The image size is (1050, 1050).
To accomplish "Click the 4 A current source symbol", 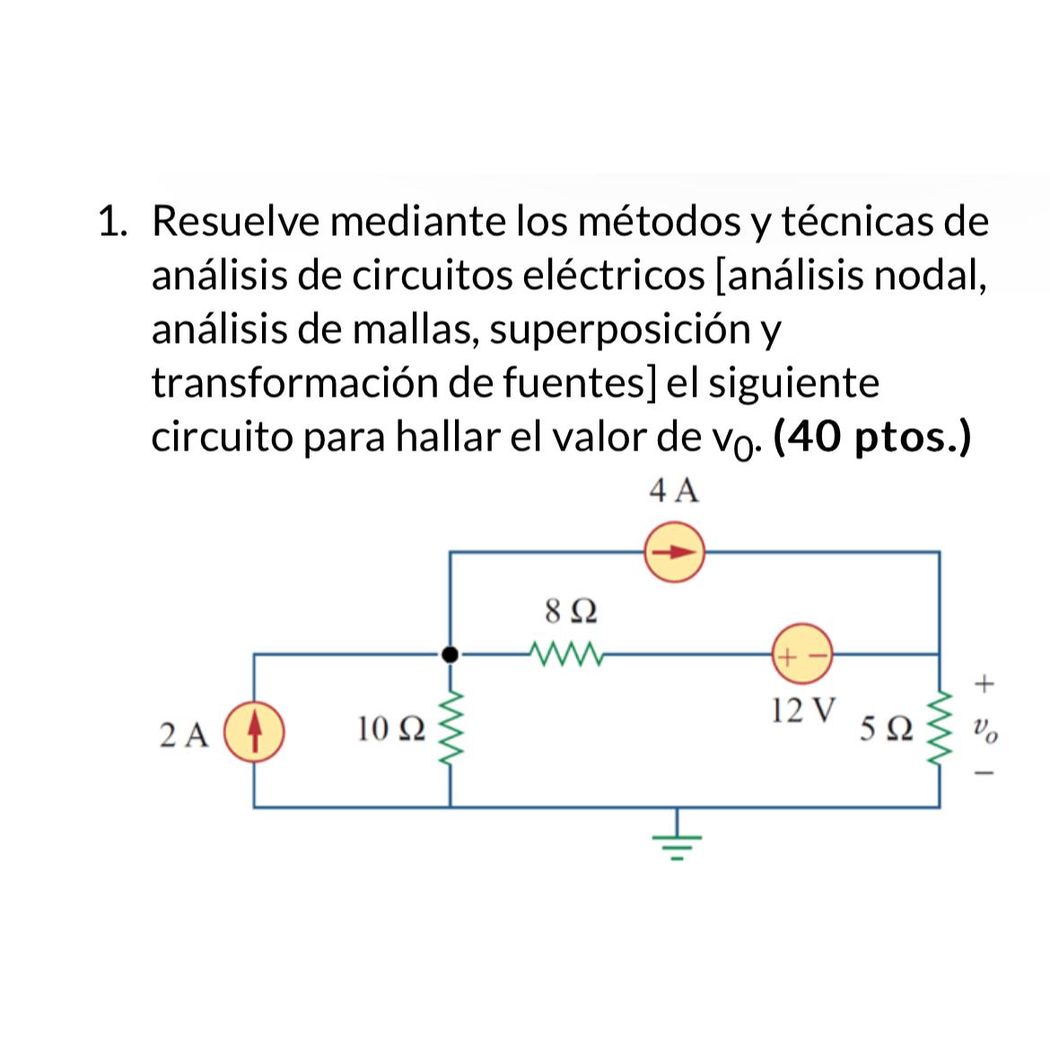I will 674,552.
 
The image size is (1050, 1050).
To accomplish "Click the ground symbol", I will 677,842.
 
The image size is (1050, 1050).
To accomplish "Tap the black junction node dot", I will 451,655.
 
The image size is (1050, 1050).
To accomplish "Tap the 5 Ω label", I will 886,730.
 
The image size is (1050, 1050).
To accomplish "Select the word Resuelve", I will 235,221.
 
